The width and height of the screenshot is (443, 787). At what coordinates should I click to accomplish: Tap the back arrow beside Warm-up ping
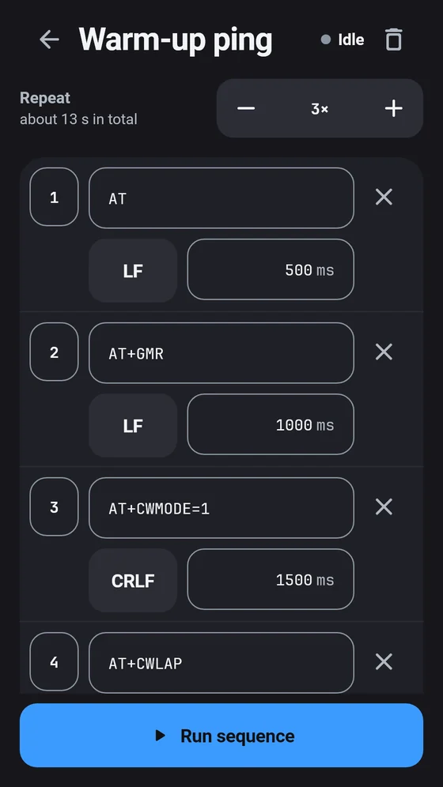(49, 40)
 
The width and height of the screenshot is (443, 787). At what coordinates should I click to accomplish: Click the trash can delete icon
(394, 40)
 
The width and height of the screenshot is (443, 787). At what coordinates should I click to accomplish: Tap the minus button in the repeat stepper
(246, 108)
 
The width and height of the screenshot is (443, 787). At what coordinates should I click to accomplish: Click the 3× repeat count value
(320, 109)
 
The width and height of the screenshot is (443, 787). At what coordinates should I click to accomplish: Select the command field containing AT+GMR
(221, 353)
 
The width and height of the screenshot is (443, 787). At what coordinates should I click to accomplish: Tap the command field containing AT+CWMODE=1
(221, 508)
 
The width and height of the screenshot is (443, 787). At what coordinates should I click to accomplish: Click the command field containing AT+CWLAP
(221, 662)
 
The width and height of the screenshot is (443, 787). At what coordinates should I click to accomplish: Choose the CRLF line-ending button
(133, 580)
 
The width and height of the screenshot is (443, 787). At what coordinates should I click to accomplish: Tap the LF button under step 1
(133, 270)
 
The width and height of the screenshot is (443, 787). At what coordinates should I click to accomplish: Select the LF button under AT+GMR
(133, 426)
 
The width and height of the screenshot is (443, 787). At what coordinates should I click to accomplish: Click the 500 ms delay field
(271, 269)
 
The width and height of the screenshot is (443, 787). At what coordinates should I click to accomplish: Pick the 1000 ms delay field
(271, 424)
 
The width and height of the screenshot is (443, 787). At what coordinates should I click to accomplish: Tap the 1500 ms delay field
(271, 579)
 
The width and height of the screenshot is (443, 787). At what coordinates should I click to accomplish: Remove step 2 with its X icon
(384, 352)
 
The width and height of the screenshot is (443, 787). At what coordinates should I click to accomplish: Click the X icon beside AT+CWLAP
(384, 662)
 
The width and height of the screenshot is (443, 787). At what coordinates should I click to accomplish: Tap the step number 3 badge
(55, 507)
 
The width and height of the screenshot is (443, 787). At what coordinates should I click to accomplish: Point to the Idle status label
(350, 40)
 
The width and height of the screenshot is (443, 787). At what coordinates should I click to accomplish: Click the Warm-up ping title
(176, 40)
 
